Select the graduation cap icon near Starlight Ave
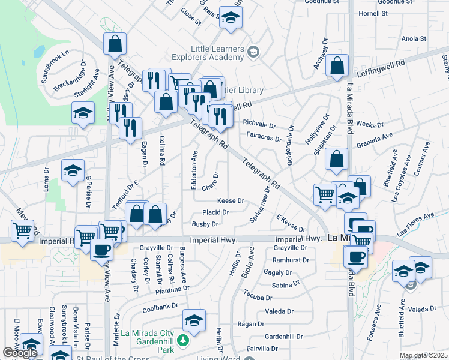coord(83,113)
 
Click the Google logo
coord(20,353)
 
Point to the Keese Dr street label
coord(231,200)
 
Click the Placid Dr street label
coord(215,212)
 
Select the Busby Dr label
coord(205,224)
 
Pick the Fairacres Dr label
coord(264,139)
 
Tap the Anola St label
coord(413,38)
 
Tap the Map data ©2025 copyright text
coord(423,356)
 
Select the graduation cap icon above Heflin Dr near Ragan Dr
coord(194,320)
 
